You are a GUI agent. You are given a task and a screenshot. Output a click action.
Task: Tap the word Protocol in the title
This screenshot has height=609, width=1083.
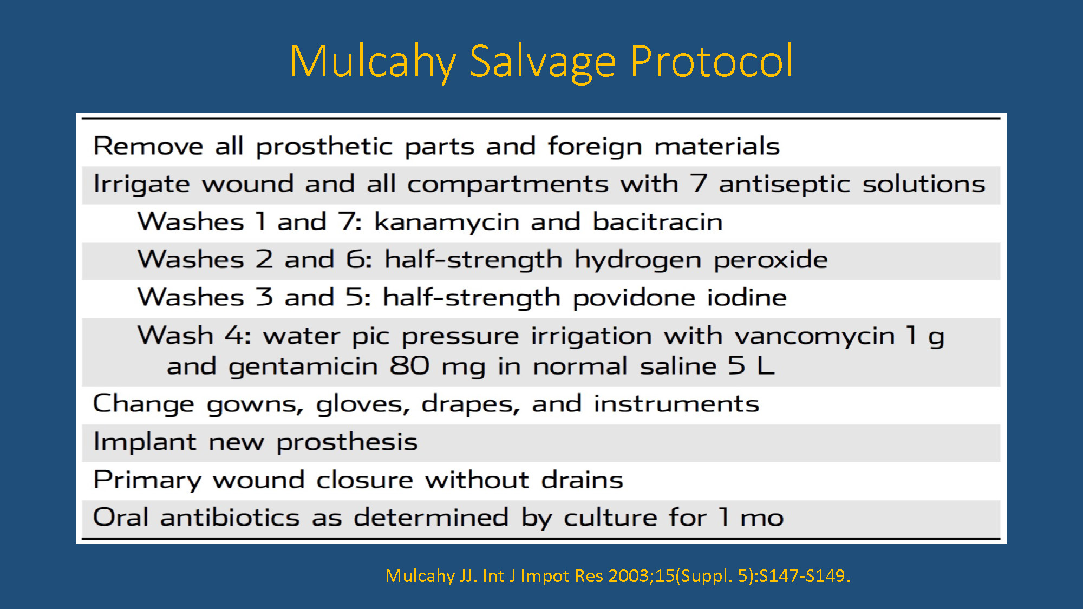(712, 61)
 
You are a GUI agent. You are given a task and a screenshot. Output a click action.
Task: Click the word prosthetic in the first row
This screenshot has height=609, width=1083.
(324, 147)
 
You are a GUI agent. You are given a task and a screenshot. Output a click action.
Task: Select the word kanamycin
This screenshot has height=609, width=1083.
(447, 222)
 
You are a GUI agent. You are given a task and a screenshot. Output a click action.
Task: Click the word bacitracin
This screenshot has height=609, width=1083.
(657, 221)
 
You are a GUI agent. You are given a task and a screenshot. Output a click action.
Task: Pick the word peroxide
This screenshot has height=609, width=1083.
(771, 260)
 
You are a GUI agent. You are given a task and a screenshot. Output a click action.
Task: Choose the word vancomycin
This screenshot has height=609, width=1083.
(814, 336)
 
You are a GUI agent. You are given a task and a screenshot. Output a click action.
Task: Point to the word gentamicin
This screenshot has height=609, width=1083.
(303, 367)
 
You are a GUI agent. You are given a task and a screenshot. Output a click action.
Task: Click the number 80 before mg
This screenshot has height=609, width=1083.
(409, 366)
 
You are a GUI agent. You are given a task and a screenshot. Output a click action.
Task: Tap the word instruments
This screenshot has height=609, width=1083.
(676, 404)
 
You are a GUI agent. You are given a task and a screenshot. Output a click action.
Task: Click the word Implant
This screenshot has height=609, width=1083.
(145, 442)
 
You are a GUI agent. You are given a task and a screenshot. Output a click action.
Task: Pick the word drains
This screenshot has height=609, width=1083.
(582, 480)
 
